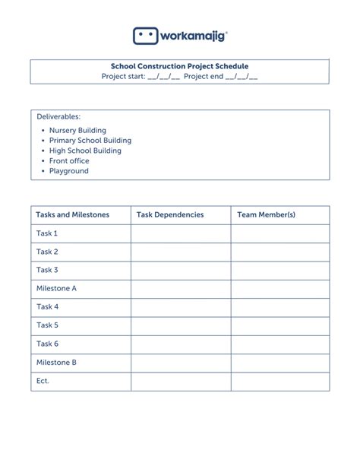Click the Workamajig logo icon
tap(147, 36)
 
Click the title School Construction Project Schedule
tap(180, 66)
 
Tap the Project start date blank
tap(163, 77)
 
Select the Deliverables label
tap(58, 116)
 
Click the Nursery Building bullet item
tap(77, 131)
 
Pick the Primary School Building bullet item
tap(90, 141)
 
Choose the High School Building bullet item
tap(85, 151)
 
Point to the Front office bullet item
tap(69, 161)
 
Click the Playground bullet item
tap(69, 171)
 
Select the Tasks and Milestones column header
tap(73, 215)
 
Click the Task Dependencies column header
tap(170, 215)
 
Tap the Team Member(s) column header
tap(266, 215)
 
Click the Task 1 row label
tap(47, 233)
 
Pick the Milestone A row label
tap(56, 289)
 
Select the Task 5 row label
tap(47, 325)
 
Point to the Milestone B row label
tap(56, 363)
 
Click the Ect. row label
tap(43, 381)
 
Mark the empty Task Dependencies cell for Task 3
tap(181, 271)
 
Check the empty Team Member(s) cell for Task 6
tap(280, 344)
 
